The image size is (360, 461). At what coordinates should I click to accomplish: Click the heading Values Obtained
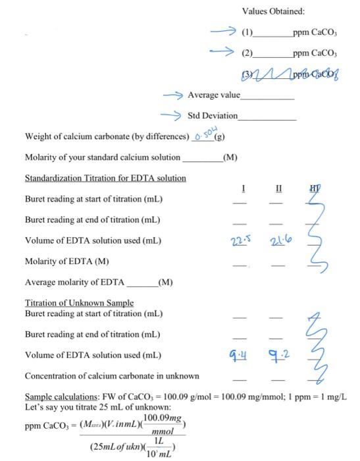point(273,11)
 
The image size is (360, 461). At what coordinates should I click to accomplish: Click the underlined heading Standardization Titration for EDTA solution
point(105,178)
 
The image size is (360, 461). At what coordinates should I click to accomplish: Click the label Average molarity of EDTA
point(74,283)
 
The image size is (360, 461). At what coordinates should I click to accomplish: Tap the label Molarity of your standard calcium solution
point(102,157)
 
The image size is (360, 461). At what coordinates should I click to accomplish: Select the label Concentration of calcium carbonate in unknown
point(112,376)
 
